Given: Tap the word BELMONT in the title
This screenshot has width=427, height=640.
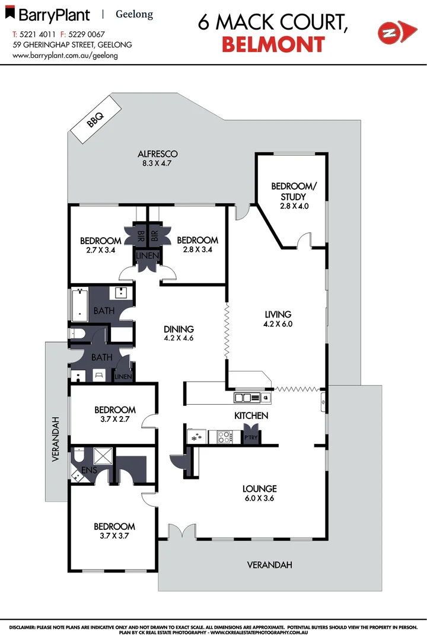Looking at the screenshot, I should [273, 44].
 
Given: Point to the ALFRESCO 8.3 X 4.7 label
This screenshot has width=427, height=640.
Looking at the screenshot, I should [154, 158].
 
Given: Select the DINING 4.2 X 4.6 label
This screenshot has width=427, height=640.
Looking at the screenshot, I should [179, 334].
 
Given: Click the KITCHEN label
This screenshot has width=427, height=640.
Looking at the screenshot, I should [251, 415].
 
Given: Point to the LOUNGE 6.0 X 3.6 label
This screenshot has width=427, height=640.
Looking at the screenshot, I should [259, 493].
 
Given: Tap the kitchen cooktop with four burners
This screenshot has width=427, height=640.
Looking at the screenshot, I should [224, 437].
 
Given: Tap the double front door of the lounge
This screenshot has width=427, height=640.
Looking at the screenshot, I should [181, 531].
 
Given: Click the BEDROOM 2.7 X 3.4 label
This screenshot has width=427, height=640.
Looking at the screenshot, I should [100, 245].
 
